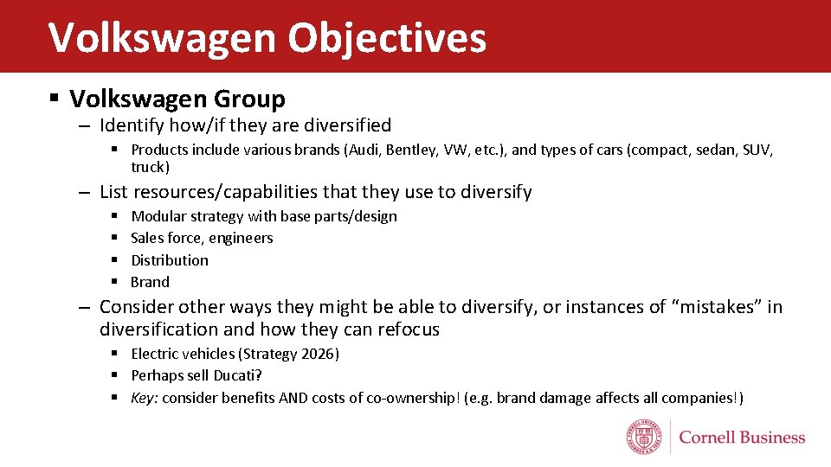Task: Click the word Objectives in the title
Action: [387, 38]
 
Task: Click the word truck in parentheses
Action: [149, 167]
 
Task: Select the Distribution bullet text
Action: [170, 260]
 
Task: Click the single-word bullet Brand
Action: [150, 282]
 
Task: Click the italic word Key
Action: [144, 398]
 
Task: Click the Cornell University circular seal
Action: [644, 437]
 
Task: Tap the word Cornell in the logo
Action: [708, 438]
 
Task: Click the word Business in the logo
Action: [773, 438]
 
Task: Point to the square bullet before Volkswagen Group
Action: [55, 99]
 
